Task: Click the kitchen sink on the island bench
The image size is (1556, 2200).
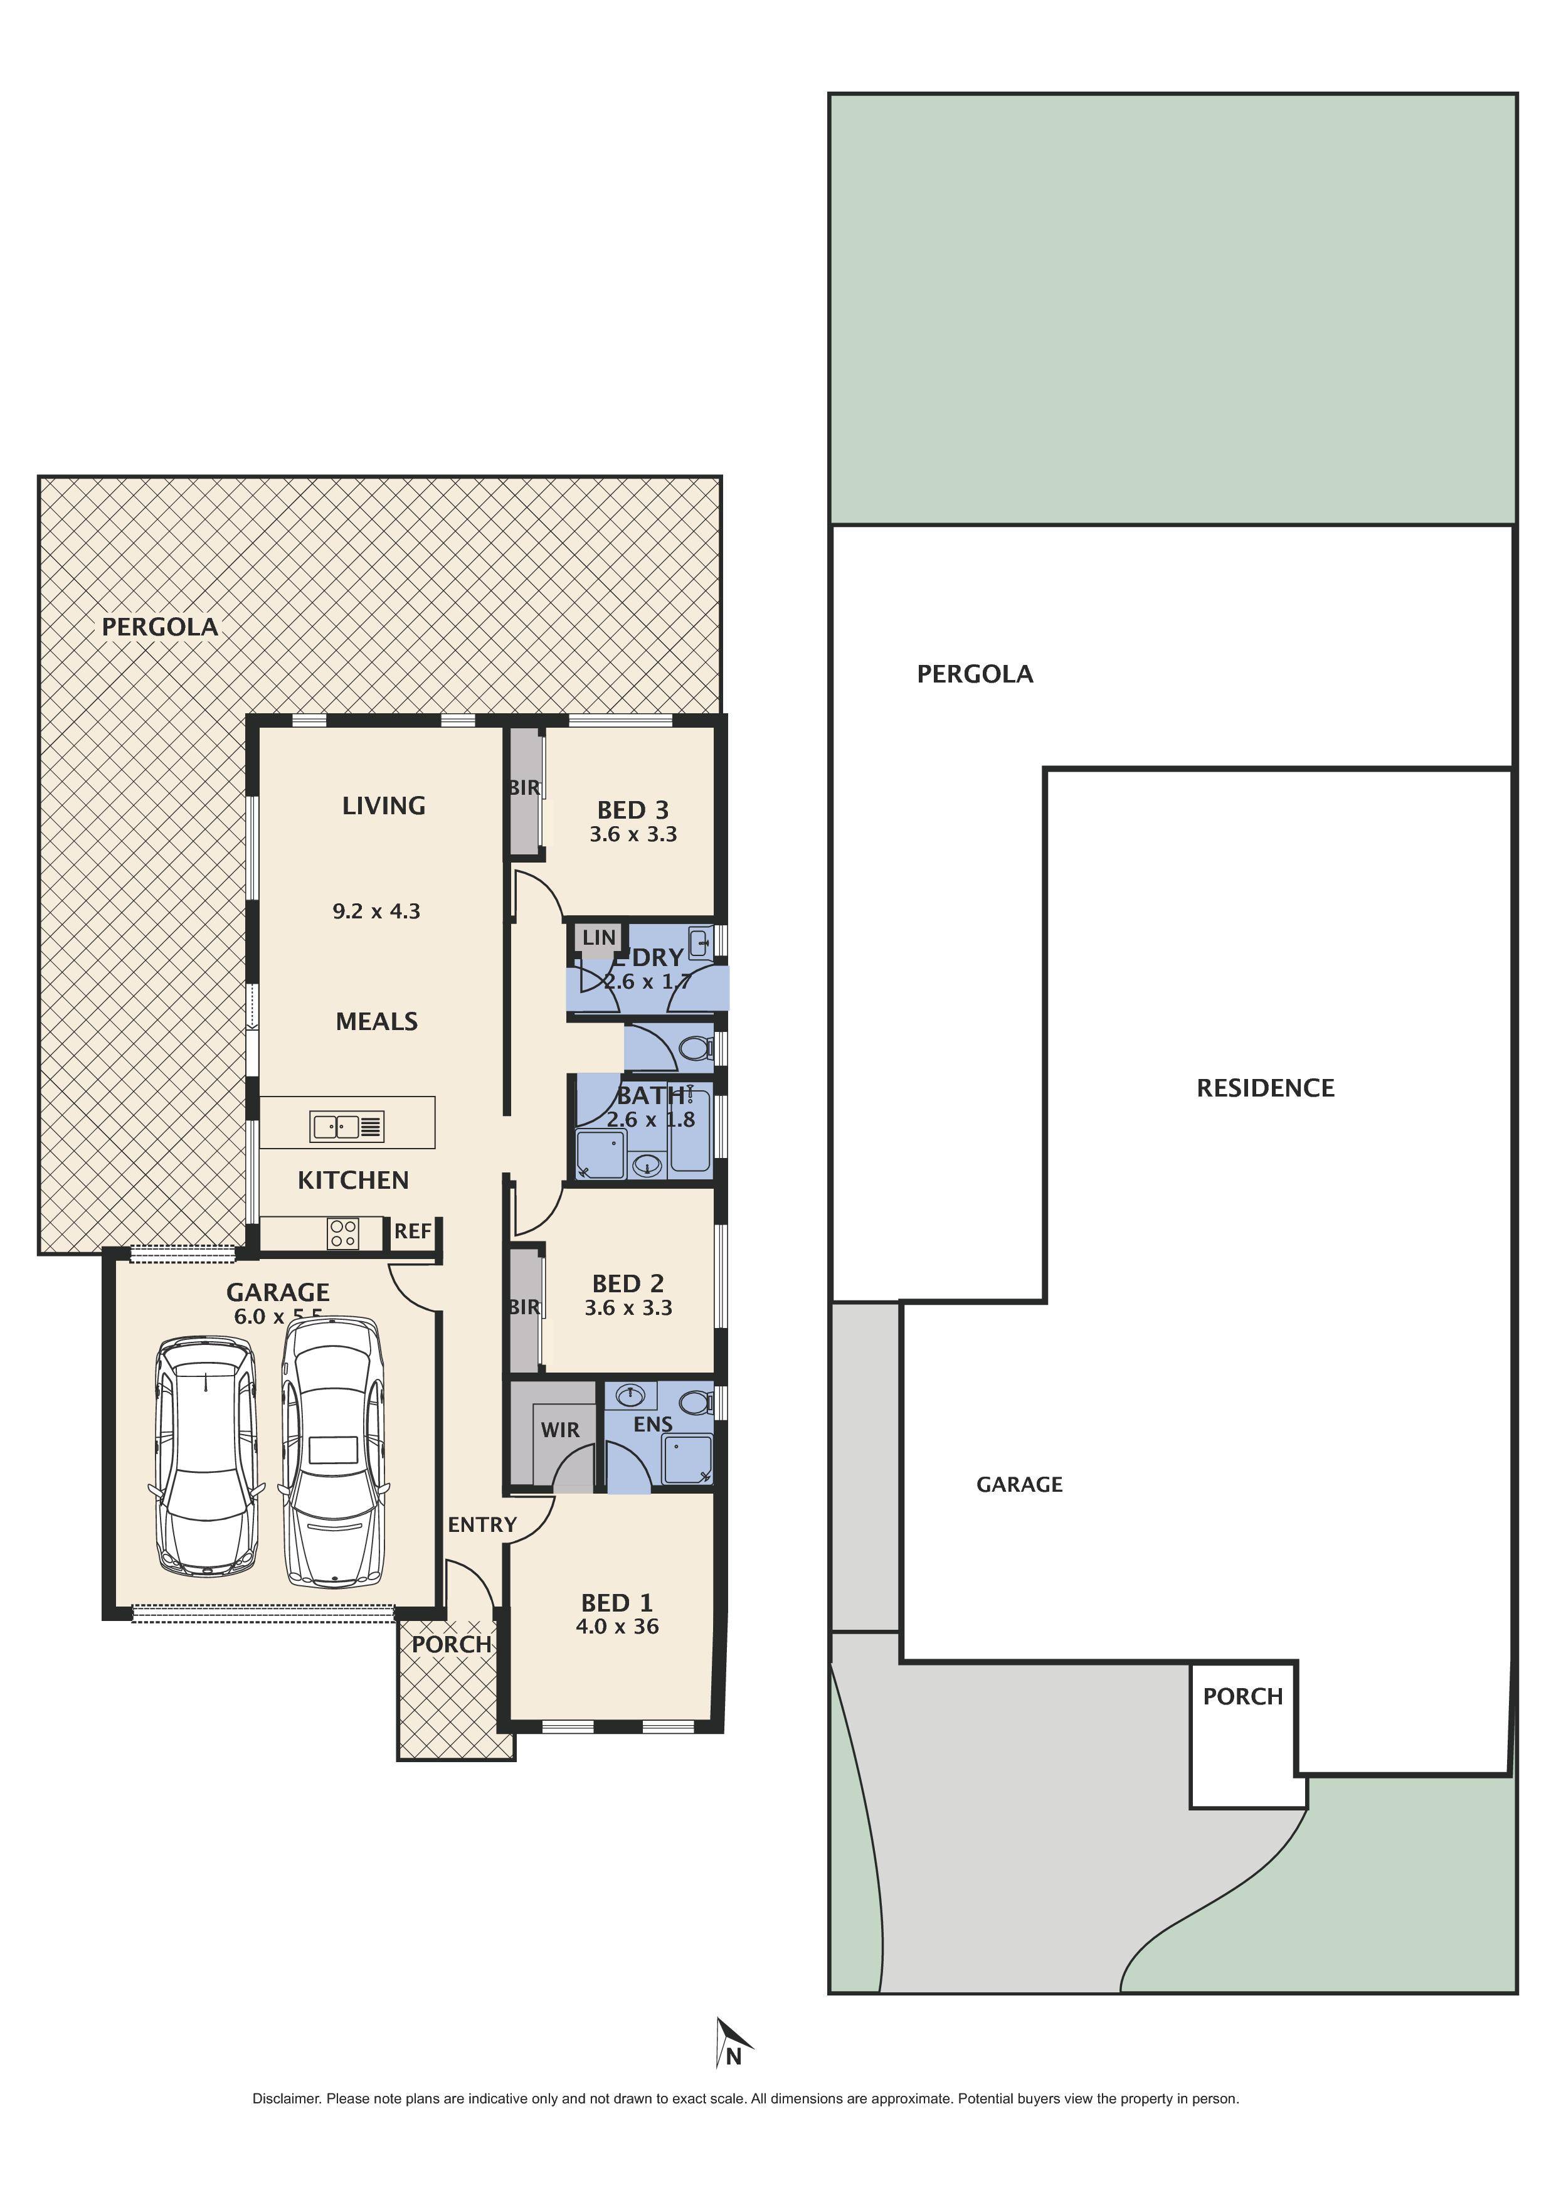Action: pyautogui.click(x=347, y=1127)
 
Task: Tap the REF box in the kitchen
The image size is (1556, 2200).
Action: pyautogui.click(x=413, y=1231)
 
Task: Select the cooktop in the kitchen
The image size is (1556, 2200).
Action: pyautogui.click(x=343, y=1233)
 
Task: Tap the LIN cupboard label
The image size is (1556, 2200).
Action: pyautogui.click(x=599, y=937)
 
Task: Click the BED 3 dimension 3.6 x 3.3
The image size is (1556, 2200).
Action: pyautogui.click(x=633, y=834)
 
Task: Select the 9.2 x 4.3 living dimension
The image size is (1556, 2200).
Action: pyautogui.click(x=376, y=911)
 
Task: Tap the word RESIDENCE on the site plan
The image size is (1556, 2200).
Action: pyautogui.click(x=1265, y=1088)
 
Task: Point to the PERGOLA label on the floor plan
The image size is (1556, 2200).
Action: pyautogui.click(x=160, y=627)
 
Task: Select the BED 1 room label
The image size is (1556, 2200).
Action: pyautogui.click(x=617, y=1603)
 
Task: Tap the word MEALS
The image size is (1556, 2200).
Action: pyautogui.click(x=376, y=1021)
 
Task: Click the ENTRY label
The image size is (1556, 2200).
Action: pyautogui.click(x=482, y=1524)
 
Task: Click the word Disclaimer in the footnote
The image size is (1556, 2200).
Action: pyautogui.click(x=285, y=2098)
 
